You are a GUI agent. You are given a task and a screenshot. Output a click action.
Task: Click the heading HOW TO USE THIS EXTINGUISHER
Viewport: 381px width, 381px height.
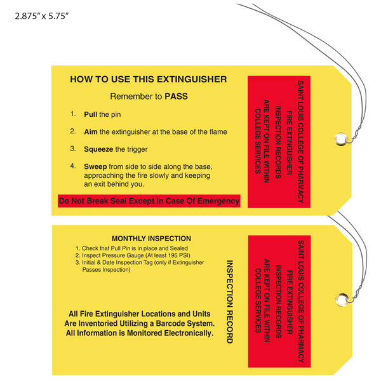(148, 79)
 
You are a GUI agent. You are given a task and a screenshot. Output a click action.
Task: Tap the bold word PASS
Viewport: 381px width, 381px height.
(176, 97)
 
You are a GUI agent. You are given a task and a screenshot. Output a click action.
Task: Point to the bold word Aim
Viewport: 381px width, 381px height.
(91, 131)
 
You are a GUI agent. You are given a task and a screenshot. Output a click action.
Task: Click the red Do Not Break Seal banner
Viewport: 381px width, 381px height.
(149, 201)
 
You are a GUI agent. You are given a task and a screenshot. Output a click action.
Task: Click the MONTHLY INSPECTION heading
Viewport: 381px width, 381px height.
(147, 239)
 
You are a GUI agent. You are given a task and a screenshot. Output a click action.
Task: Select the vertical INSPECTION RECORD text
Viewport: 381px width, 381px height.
(230, 301)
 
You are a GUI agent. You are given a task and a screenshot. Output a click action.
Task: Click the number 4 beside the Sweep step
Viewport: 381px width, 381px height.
(73, 166)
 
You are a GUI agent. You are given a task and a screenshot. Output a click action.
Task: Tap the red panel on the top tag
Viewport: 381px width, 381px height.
(276, 143)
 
